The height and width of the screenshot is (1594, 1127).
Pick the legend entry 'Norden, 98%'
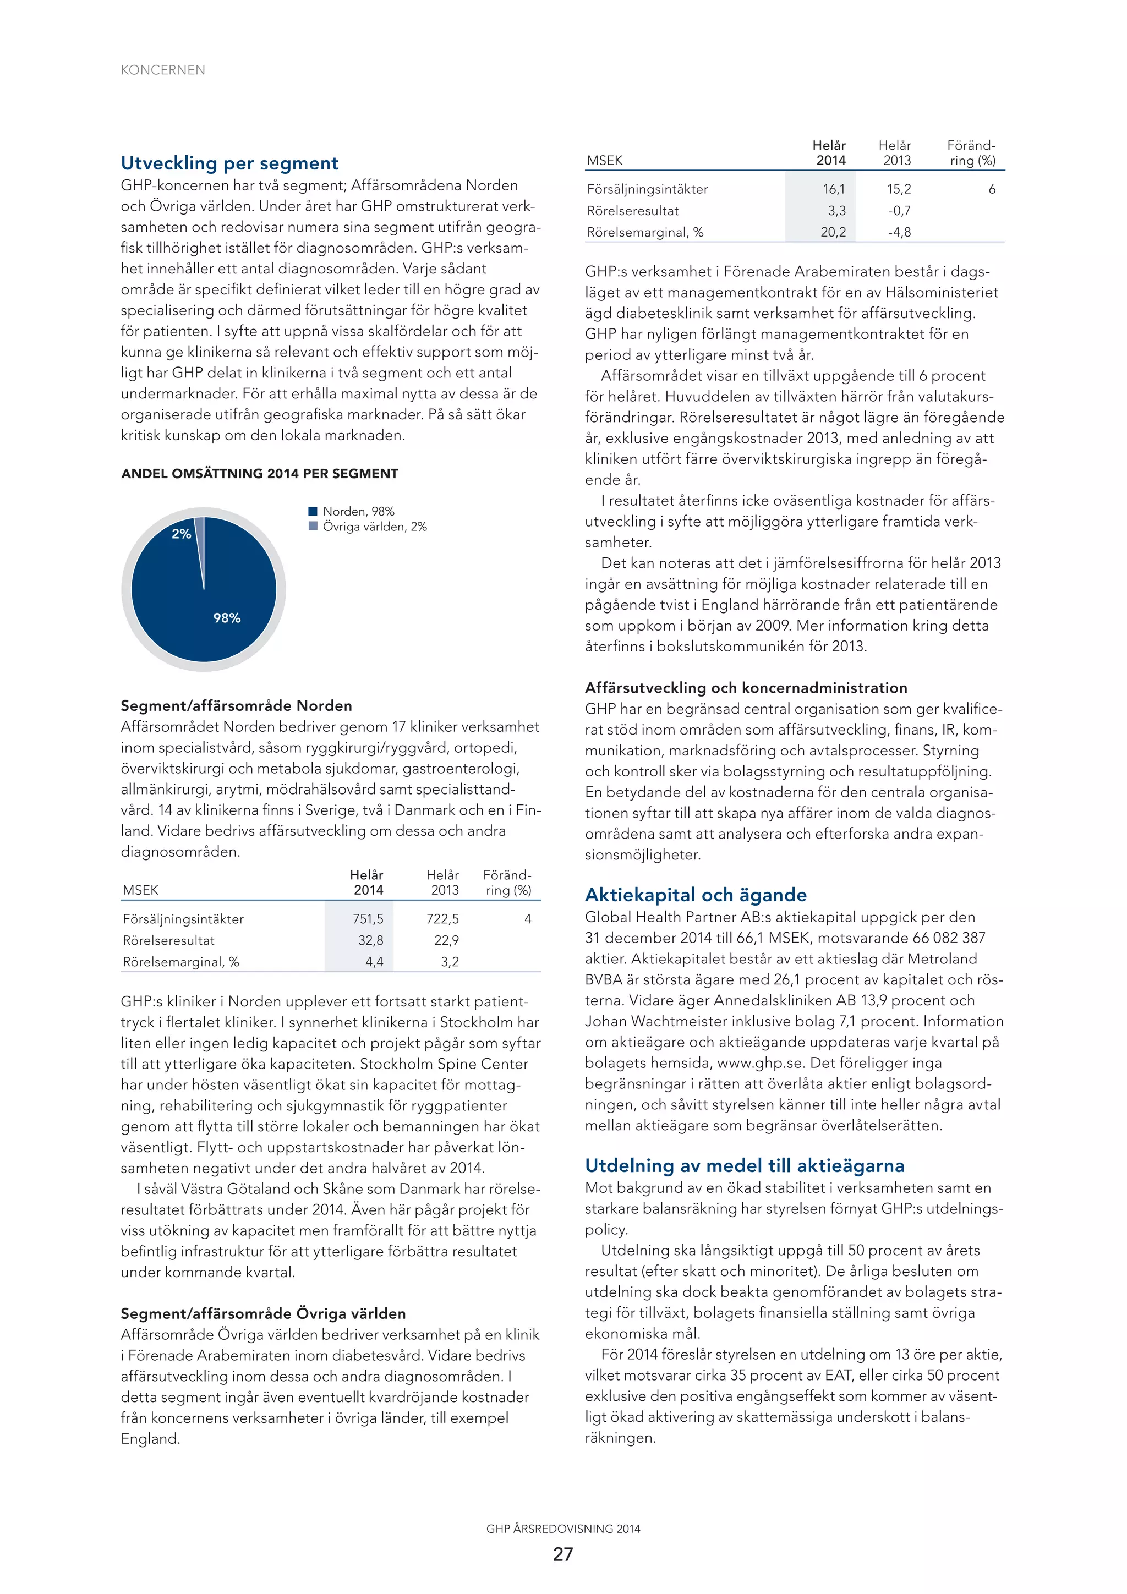coord(358,512)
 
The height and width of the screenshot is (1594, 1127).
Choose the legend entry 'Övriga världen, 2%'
coord(374,527)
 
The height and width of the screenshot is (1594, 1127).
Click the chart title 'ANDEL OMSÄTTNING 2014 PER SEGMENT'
coord(260,474)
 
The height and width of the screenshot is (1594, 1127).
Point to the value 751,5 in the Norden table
coord(368,918)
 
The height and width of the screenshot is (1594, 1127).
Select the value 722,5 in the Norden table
coord(442,918)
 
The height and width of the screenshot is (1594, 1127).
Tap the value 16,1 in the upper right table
coord(834,189)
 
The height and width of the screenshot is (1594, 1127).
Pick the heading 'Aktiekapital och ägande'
coord(696,895)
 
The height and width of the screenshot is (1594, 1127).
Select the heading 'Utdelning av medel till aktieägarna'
coord(745,1165)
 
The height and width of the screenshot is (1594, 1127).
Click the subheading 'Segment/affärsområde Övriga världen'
coord(263,1313)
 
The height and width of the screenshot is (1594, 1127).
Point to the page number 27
coord(563,1554)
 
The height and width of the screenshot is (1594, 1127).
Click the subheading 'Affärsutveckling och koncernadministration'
coord(746,688)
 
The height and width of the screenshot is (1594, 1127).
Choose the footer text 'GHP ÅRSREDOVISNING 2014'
coord(563,1529)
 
